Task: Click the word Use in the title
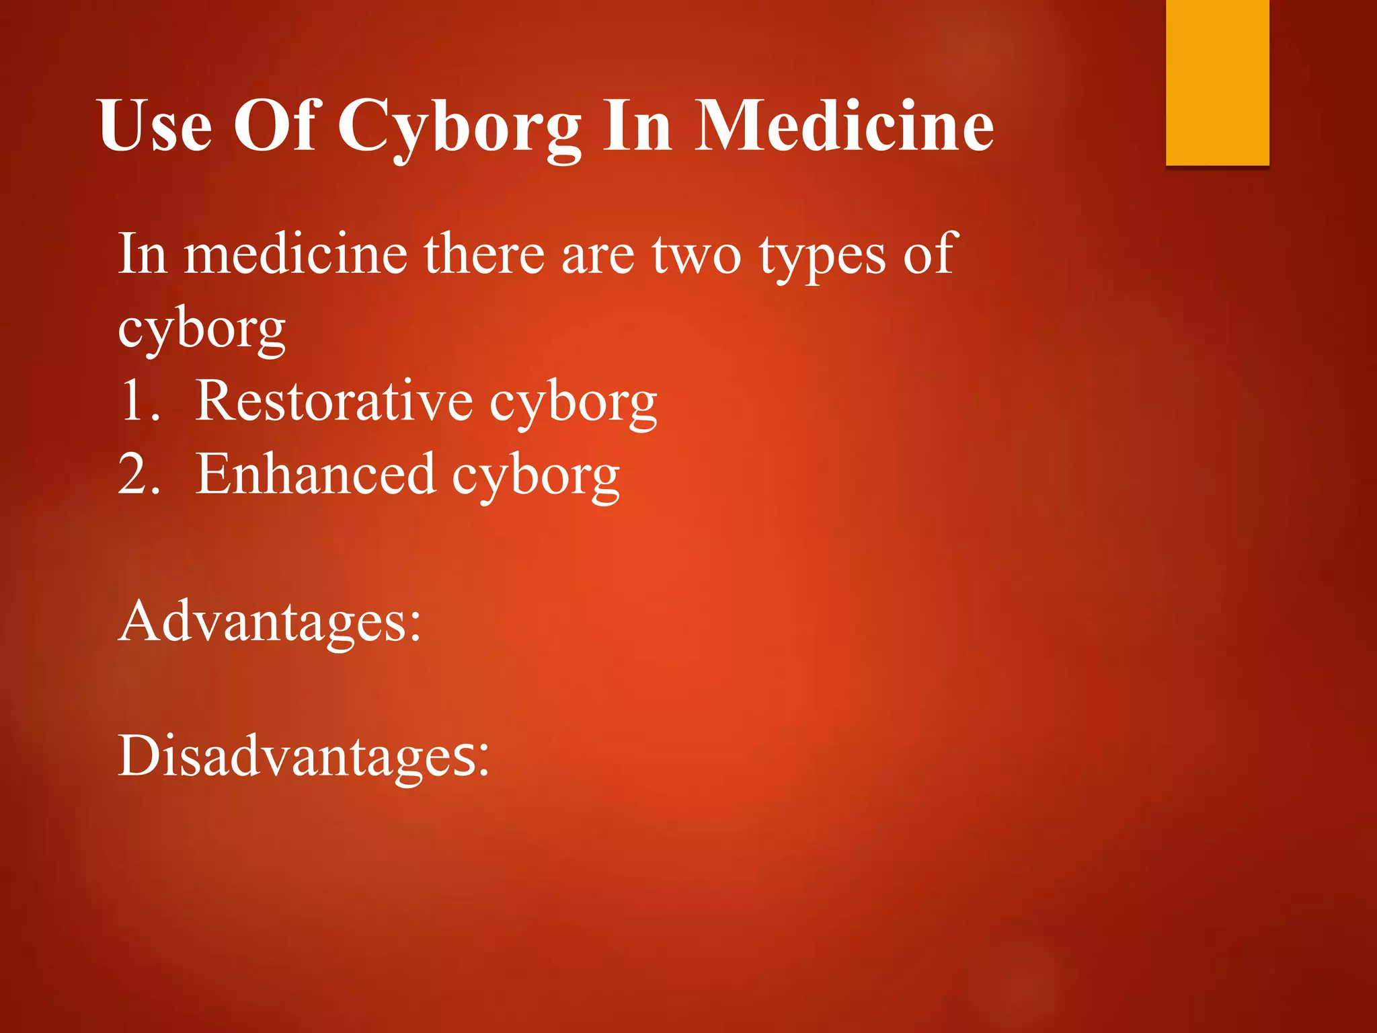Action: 155,126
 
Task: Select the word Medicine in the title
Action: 844,126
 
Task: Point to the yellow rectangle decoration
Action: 1217,82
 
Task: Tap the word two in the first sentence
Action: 697,256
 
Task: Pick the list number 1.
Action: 139,401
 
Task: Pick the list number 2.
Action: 139,475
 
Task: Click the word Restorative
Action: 334,401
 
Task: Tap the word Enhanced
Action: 315,475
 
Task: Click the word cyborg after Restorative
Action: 573,404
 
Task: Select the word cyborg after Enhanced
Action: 535,477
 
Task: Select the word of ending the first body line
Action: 930,254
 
